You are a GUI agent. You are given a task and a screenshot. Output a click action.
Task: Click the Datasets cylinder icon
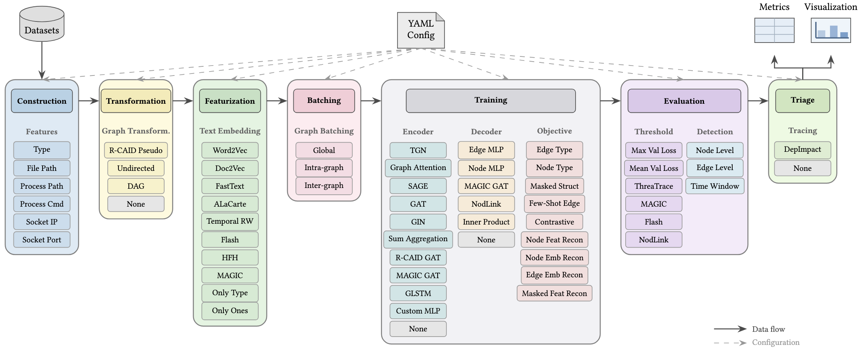pyautogui.click(x=42, y=24)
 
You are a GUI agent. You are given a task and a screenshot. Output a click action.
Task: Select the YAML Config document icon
pyautogui.click(x=421, y=30)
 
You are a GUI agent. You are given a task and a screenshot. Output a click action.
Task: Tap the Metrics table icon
pyautogui.click(x=774, y=30)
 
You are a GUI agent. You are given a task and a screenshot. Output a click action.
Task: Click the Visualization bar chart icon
pyautogui.click(x=831, y=30)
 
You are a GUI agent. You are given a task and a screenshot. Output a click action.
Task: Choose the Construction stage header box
pyautogui.click(x=42, y=101)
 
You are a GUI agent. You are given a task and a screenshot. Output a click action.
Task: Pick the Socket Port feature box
pyautogui.click(x=42, y=240)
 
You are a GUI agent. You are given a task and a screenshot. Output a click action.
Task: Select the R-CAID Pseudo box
pyautogui.click(x=136, y=150)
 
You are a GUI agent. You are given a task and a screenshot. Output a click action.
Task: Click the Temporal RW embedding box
pyautogui.click(x=230, y=221)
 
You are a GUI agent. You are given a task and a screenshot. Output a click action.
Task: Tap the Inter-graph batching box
pyautogui.click(x=324, y=186)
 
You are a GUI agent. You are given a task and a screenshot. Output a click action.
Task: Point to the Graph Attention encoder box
pyautogui.click(x=418, y=168)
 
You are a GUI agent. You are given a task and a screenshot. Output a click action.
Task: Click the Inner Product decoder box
pyautogui.click(x=486, y=222)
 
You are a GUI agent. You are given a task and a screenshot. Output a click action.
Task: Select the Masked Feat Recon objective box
pyautogui.click(x=555, y=293)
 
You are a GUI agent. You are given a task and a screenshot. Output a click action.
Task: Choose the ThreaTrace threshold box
pyautogui.click(x=654, y=186)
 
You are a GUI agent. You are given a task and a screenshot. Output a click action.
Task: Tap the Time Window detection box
pyautogui.click(x=715, y=186)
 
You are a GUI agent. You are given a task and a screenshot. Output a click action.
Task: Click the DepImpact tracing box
pyautogui.click(x=803, y=149)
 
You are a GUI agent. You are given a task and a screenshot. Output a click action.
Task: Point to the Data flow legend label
pyautogui.click(x=768, y=329)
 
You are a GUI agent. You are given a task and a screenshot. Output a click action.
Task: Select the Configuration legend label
pyautogui.click(x=776, y=343)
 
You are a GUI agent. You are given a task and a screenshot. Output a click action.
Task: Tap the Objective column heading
pyautogui.click(x=555, y=131)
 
